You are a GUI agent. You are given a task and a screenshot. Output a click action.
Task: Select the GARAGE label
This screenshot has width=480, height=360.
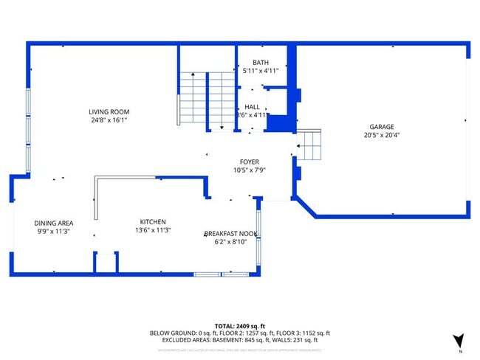coord(382,127)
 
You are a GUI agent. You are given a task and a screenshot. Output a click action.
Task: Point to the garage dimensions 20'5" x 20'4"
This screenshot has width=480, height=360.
coord(382,135)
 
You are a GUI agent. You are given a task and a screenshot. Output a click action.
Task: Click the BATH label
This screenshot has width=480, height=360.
coord(261,63)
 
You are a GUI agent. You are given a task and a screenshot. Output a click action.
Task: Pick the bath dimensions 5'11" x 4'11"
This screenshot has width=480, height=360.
coord(261,71)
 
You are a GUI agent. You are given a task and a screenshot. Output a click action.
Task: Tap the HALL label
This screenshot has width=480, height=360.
coord(252,107)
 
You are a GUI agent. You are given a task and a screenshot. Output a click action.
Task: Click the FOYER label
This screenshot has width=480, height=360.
coord(249,162)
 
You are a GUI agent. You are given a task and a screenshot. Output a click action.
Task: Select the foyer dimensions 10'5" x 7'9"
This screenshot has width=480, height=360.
coord(249,170)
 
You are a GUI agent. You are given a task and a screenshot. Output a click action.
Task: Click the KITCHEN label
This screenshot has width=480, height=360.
coord(153,221)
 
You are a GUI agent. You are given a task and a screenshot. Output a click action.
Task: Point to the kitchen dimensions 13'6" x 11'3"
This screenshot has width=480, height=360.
coord(153,229)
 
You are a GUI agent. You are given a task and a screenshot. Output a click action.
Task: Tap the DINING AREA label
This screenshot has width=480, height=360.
coord(53,222)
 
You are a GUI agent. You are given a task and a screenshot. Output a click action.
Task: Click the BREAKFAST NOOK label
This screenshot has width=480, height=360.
coord(231,234)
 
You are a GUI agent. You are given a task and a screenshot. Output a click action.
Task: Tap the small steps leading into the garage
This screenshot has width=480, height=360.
coord(309,146)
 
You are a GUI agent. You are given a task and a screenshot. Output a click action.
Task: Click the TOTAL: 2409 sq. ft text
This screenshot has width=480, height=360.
coord(239,325)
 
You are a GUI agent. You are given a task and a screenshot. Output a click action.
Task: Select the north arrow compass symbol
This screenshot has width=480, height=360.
coord(459,340)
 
